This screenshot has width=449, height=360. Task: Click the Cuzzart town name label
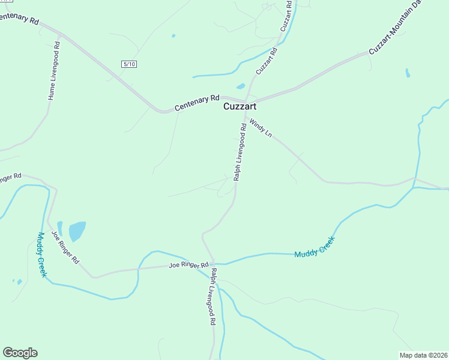click(240, 107)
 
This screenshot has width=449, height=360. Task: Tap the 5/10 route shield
click(128, 64)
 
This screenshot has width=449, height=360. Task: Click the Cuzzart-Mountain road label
click(405, 27)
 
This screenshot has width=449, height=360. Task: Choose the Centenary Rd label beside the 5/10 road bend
click(197, 103)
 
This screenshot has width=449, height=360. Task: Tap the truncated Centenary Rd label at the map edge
click(19, 18)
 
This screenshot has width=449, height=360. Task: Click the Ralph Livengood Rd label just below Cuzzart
click(240, 152)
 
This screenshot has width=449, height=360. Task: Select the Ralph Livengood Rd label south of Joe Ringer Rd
click(212, 296)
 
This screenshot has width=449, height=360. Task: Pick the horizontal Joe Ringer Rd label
click(188, 265)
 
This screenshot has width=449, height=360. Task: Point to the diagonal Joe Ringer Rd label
click(65, 247)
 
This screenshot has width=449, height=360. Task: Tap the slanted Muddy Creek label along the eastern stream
click(315, 247)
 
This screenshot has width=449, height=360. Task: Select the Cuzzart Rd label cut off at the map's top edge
click(286, 16)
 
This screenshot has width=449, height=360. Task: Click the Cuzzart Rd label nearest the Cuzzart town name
click(267, 62)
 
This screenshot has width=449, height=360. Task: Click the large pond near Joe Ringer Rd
click(77, 231)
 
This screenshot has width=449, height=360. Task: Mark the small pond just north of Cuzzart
click(241, 86)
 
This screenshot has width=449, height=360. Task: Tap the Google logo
click(20, 353)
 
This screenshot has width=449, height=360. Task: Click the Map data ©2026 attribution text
click(423, 355)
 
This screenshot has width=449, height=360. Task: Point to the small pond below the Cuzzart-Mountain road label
click(408, 73)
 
